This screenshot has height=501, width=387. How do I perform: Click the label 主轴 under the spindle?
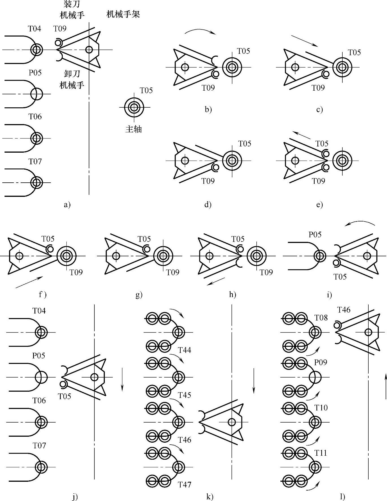click(133, 129)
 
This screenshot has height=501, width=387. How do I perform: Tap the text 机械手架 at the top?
click(123, 14)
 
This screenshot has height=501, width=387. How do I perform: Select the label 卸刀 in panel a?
click(72, 74)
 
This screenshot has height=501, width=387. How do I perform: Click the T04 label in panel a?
click(34, 29)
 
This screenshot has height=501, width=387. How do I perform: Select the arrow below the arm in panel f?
click(29, 282)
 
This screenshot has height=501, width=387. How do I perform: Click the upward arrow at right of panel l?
click(386, 386)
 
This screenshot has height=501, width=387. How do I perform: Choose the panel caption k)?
click(210, 496)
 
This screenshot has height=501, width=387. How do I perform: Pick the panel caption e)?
click(319, 204)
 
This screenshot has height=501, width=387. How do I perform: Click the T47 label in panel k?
click(185, 485)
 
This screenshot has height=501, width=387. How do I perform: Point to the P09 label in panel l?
click(321, 362)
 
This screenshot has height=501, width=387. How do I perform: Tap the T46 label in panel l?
click(344, 310)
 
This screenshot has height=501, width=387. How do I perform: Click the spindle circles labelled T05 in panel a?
click(134, 107)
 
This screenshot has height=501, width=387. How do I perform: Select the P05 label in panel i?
click(315, 234)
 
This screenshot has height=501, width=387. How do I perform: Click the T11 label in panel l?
click(321, 453)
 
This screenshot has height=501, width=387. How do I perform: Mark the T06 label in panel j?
click(39, 400)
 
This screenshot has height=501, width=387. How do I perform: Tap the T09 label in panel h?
click(266, 272)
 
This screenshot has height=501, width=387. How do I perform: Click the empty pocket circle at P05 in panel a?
click(37, 94)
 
